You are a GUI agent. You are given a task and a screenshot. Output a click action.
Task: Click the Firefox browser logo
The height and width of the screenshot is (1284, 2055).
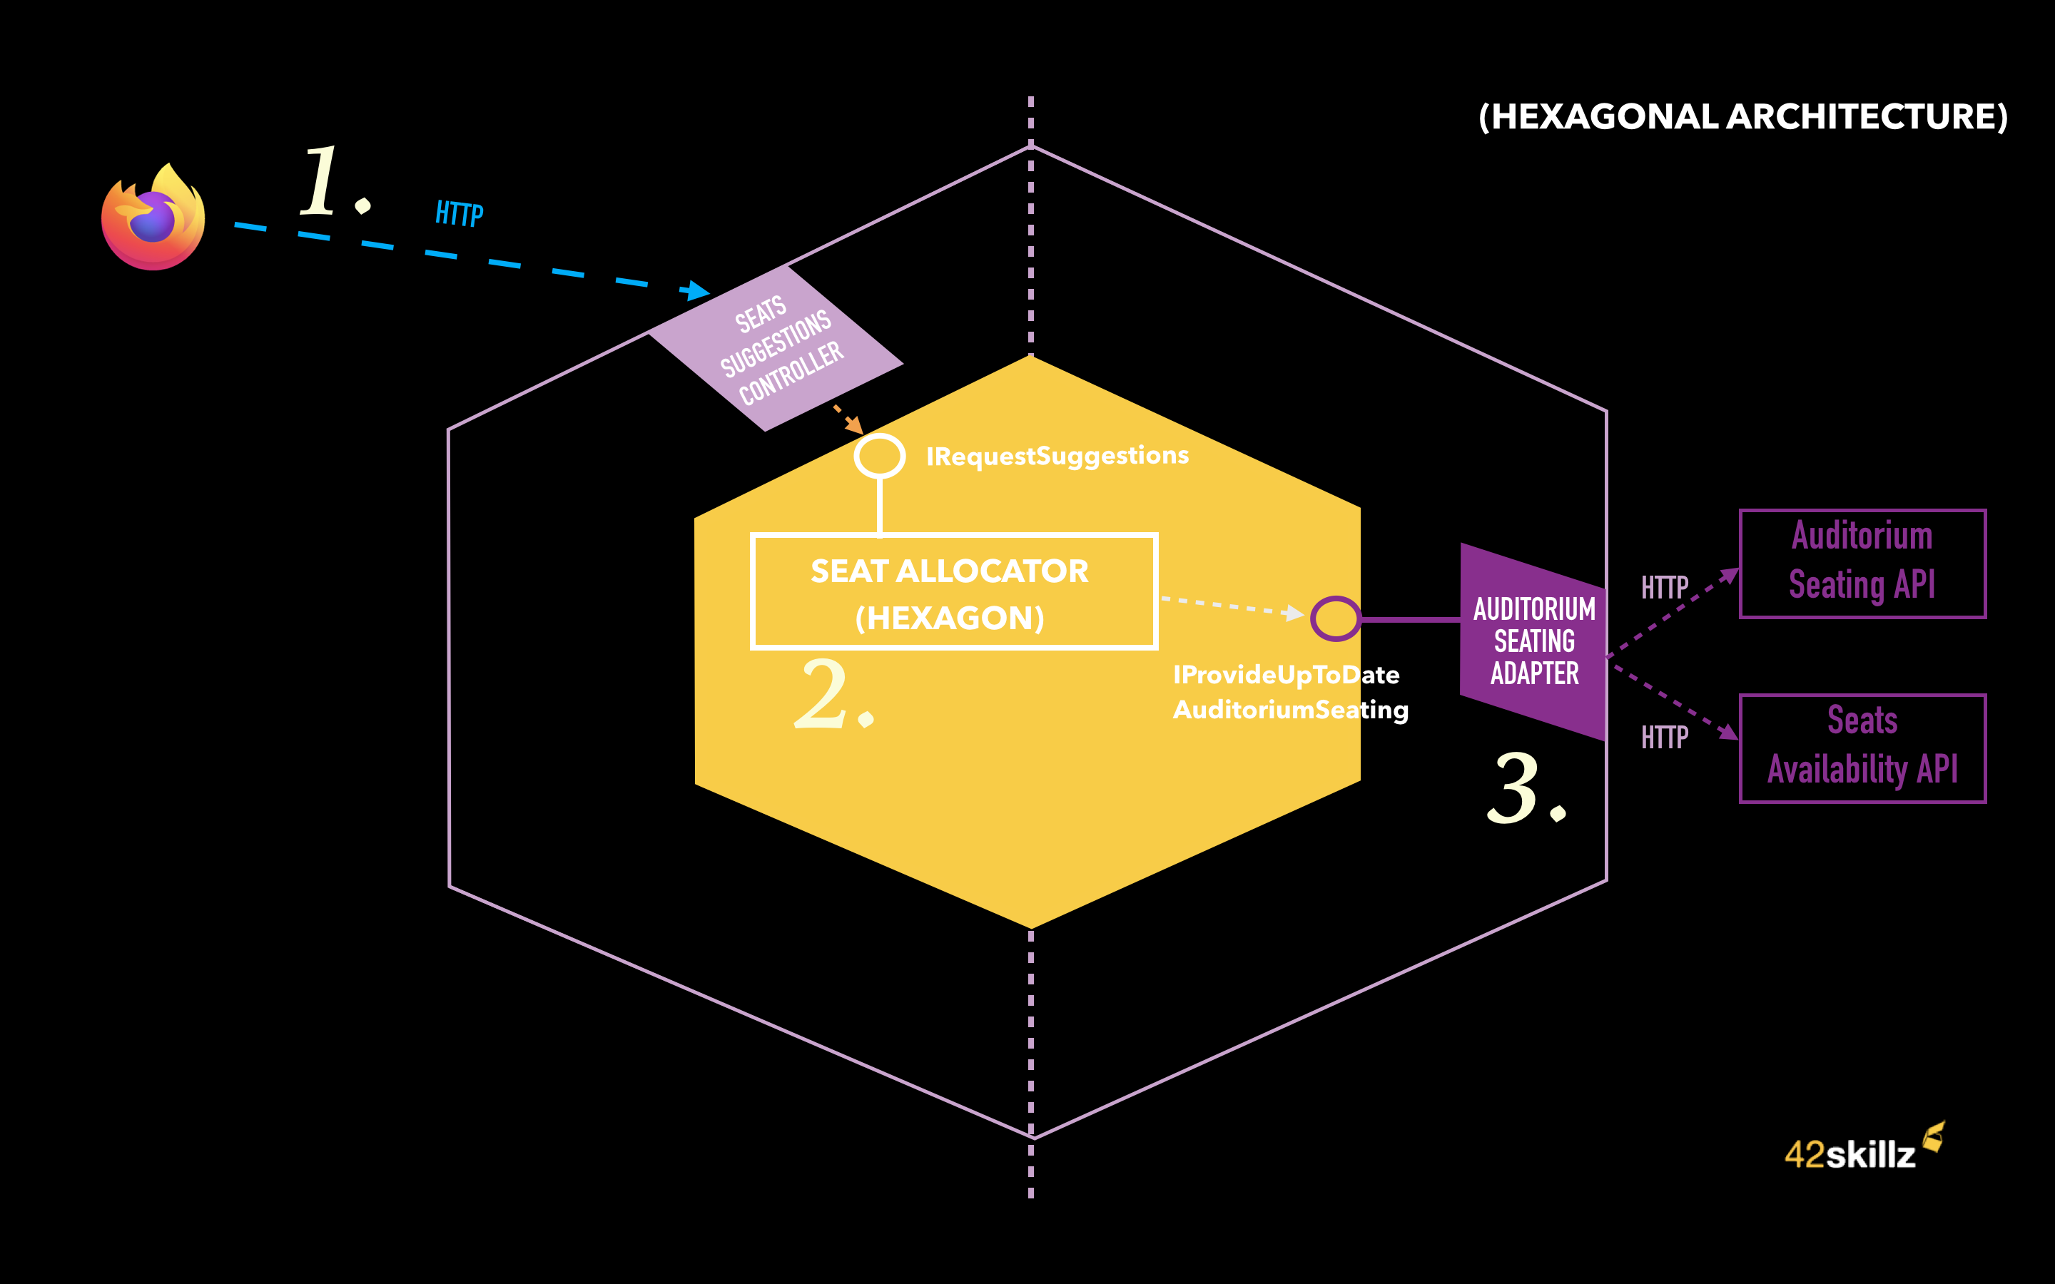coord(153,218)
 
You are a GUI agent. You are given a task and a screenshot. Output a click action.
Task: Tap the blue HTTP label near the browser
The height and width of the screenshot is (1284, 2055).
coord(460,213)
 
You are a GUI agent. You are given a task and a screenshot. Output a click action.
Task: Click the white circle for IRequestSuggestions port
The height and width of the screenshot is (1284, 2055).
coord(879,456)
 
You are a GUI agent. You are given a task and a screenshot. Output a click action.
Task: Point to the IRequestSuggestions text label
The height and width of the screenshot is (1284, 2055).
coord(1057,456)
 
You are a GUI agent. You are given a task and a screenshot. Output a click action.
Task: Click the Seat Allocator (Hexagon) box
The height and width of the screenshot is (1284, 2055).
coord(953,592)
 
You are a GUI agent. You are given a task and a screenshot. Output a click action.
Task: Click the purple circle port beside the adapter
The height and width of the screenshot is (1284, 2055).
coord(1335,618)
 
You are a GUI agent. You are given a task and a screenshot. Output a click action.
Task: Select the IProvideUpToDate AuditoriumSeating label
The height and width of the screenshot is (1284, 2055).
coord(1289,692)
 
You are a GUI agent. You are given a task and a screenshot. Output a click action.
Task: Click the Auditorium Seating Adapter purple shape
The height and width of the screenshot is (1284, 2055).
coord(1533,641)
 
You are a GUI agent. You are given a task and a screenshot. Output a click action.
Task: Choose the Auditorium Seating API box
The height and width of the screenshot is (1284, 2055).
coord(1862,563)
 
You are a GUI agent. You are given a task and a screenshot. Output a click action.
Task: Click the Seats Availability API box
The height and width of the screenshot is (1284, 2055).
coord(1862,748)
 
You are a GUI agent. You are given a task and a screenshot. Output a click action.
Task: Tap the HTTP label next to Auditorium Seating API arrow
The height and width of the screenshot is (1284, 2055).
coord(1665,588)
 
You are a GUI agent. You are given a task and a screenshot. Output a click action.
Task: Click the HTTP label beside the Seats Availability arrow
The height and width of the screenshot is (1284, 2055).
coord(1665,737)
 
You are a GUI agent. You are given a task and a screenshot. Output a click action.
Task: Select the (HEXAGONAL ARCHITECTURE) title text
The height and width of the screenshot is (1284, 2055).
coord(1742,117)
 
